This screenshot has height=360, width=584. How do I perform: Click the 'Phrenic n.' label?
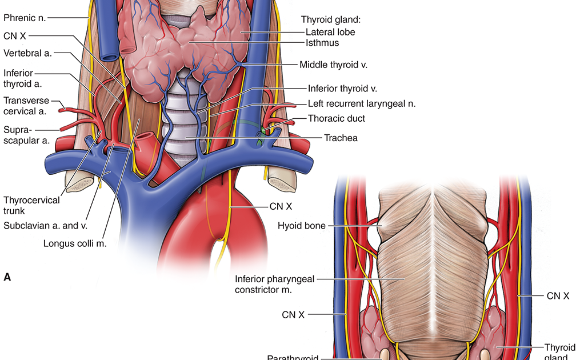click(25, 17)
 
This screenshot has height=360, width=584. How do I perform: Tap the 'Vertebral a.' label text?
click(27, 53)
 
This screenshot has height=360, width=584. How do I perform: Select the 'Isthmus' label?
click(322, 42)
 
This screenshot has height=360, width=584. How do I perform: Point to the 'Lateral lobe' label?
click(330, 31)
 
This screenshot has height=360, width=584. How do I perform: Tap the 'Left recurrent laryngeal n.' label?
click(361, 103)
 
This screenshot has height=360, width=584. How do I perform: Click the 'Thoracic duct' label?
click(336, 118)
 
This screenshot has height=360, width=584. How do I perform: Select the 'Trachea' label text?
click(341, 138)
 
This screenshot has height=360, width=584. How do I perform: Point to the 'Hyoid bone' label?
click(301, 226)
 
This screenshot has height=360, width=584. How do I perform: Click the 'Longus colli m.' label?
click(75, 243)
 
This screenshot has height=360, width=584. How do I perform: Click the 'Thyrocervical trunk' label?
click(31, 205)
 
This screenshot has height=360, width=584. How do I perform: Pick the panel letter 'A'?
click(7, 277)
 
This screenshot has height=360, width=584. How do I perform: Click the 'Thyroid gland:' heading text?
click(332, 19)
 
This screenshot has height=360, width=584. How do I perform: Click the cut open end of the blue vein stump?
click(109, 57)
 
